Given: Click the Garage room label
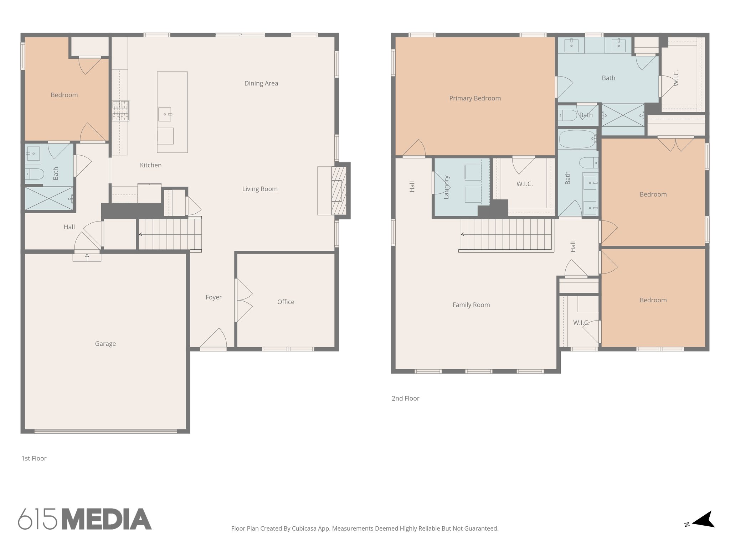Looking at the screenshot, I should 105,344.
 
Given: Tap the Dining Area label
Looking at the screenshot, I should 261,83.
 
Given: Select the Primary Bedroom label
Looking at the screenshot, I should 475,98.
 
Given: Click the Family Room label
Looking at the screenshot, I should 471,305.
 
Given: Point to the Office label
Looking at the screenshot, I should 286,302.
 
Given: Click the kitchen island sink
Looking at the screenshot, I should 165,114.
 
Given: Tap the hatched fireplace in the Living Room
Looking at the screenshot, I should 339,191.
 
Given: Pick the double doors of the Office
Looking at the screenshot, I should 244,300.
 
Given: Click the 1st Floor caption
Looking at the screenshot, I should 34,458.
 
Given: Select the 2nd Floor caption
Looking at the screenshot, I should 405,398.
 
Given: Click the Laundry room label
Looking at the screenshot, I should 446,187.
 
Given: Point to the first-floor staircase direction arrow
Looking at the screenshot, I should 141,234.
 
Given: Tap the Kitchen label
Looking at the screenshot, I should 150,165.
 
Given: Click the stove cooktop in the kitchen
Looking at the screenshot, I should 120,110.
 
